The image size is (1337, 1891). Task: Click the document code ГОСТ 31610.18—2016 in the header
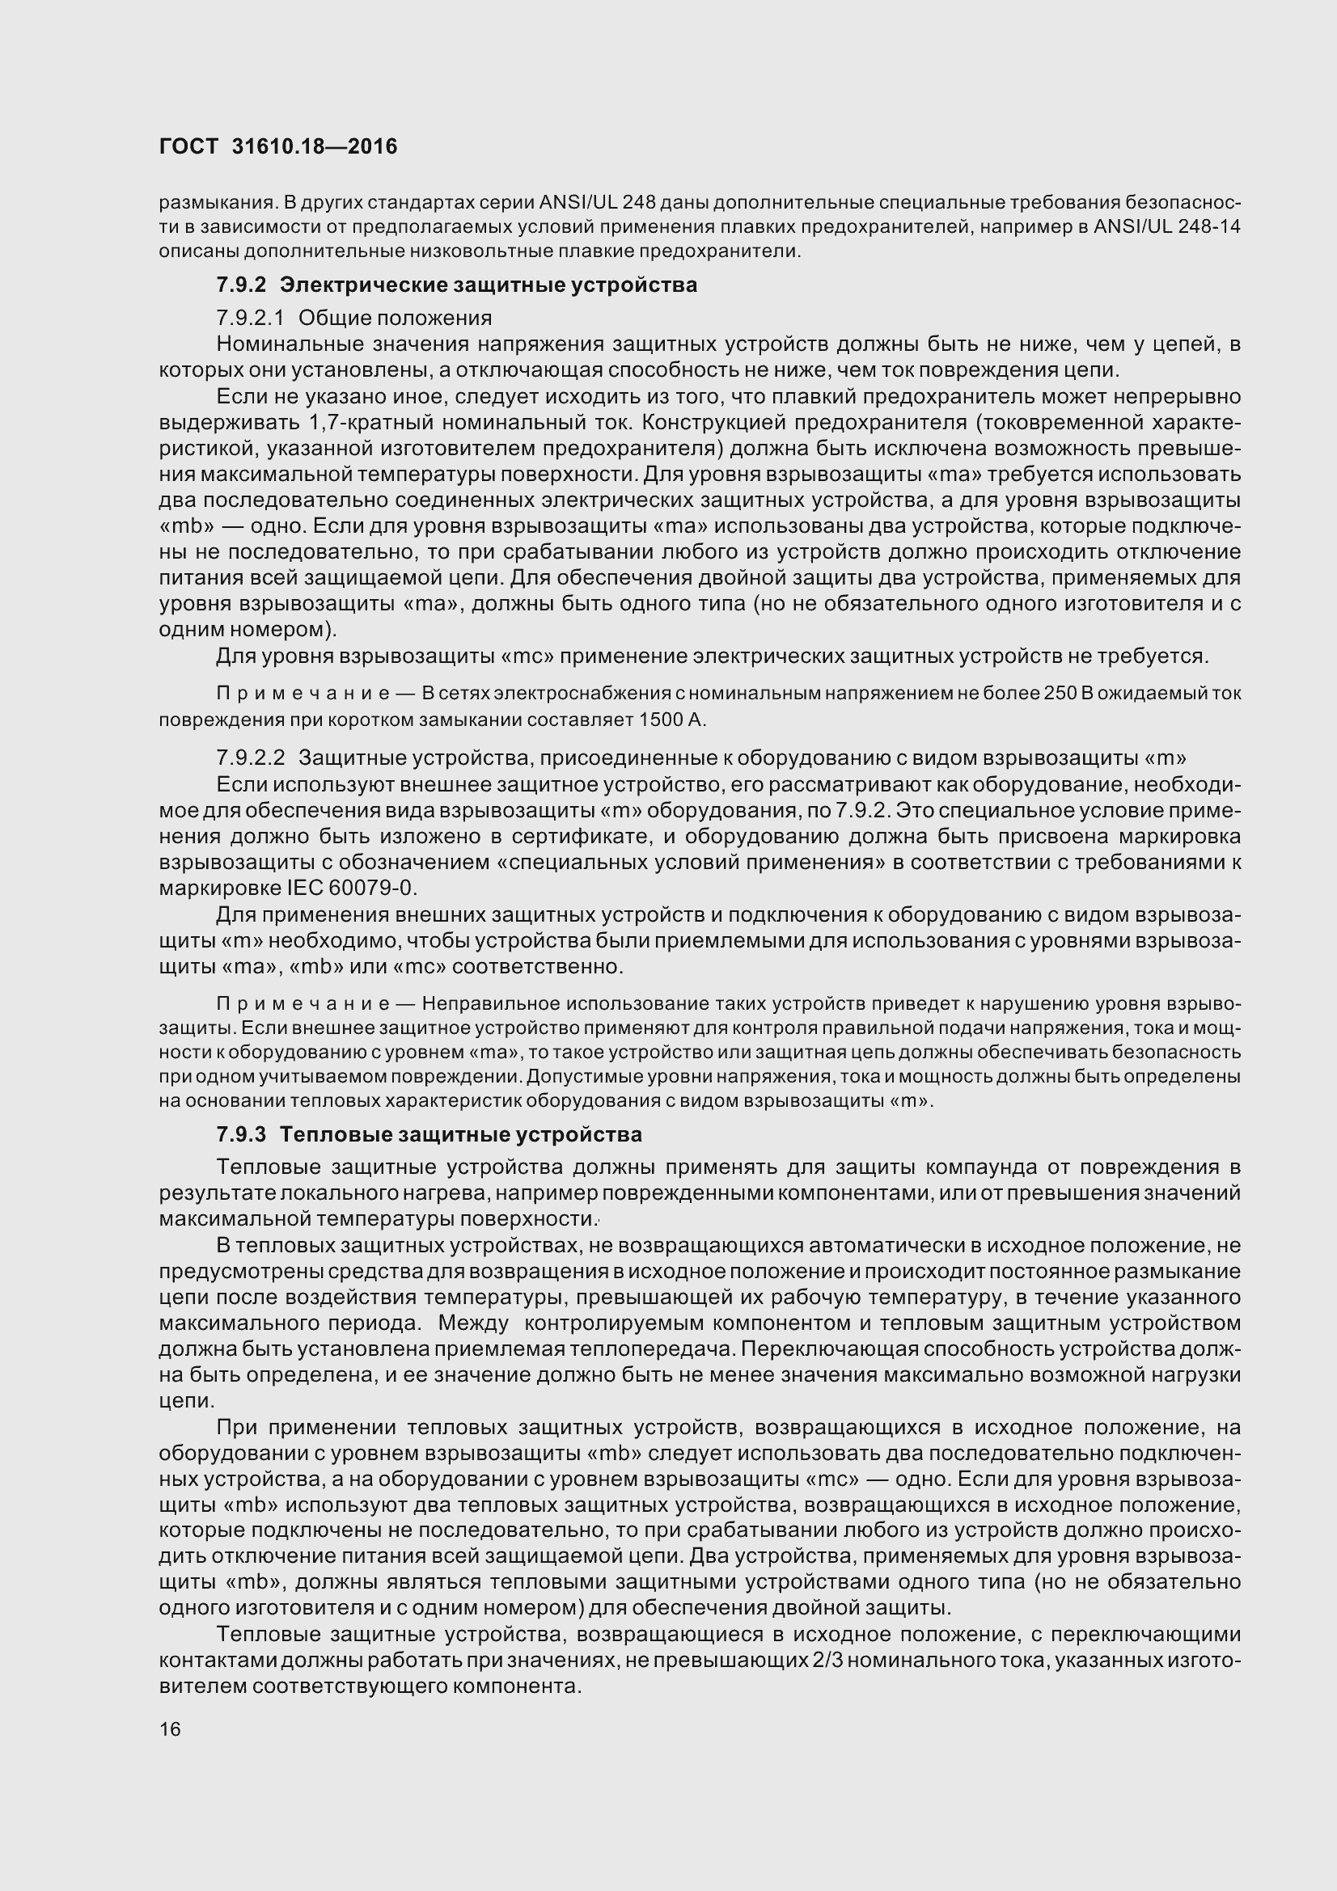point(277,146)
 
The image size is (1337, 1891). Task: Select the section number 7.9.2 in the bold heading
point(241,285)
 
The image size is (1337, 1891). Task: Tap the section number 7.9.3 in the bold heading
point(241,1134)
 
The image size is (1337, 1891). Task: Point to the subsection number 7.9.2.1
point(250,318)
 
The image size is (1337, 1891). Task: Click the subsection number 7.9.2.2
point(251,757)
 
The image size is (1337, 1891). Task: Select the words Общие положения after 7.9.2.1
point(395,318)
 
